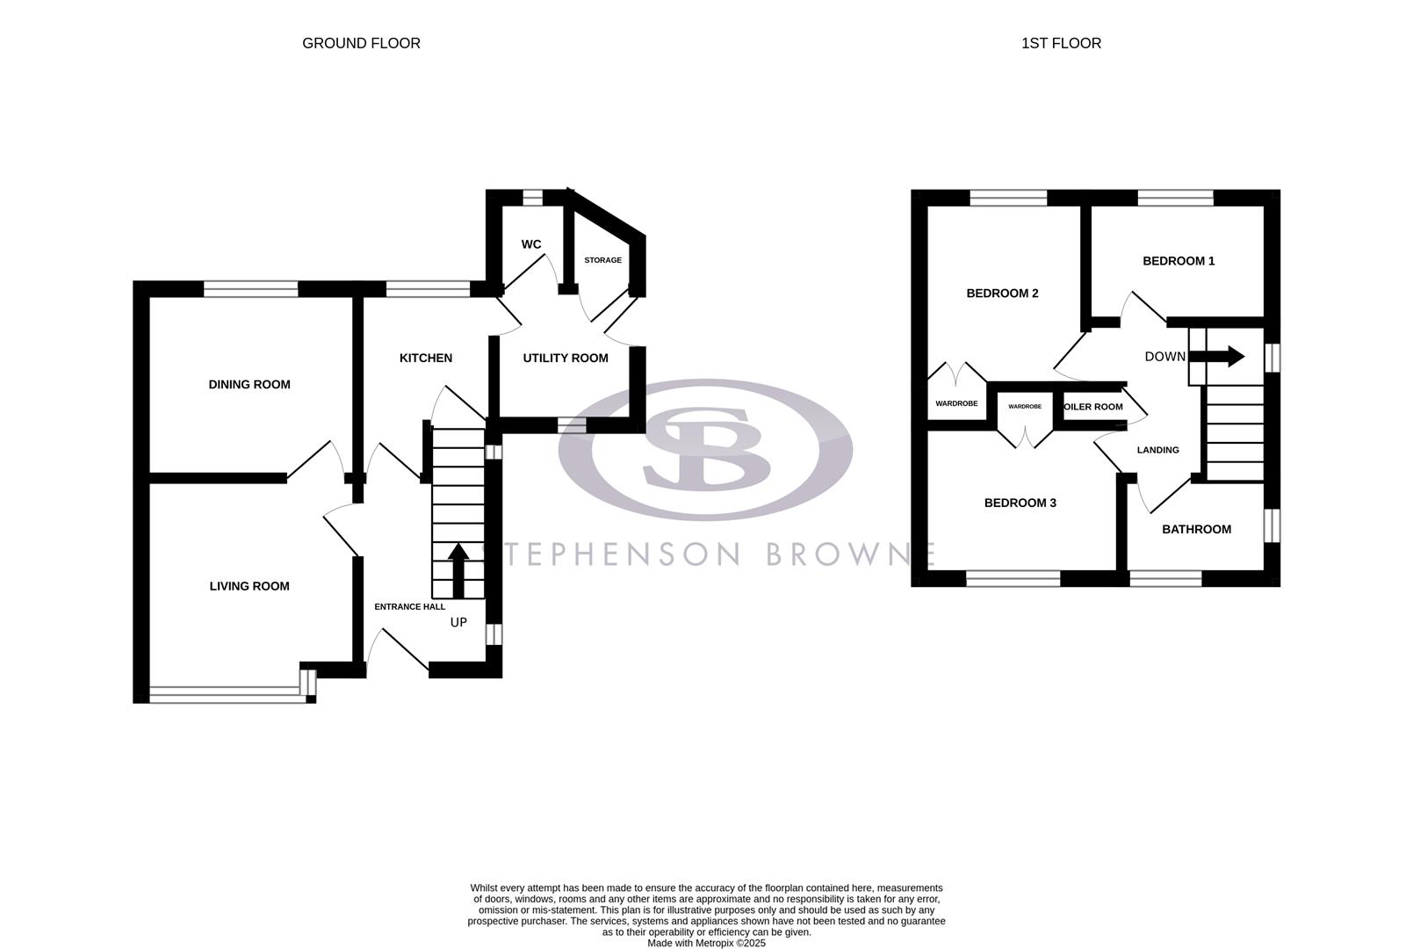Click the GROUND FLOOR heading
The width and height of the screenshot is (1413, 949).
361,43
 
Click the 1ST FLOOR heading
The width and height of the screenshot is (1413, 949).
1060,43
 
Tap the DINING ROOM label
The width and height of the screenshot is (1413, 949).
249,384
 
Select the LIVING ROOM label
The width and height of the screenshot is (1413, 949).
249,586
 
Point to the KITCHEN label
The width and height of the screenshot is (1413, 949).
425,358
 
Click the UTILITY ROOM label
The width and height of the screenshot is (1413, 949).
565,358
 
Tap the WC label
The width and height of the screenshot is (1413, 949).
530,244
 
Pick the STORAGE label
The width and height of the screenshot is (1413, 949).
602,260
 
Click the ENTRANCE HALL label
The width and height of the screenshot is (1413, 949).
409,606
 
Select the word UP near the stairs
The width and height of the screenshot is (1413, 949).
458,622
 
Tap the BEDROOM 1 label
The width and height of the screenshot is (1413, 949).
1178,261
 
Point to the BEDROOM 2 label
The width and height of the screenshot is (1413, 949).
1002,293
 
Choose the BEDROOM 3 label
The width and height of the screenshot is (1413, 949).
1020,503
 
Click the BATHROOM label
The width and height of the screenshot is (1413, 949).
1196,529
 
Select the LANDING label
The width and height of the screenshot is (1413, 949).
1157,450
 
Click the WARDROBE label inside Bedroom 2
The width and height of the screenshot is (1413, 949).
955,403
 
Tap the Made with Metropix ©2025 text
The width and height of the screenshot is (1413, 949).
706,943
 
